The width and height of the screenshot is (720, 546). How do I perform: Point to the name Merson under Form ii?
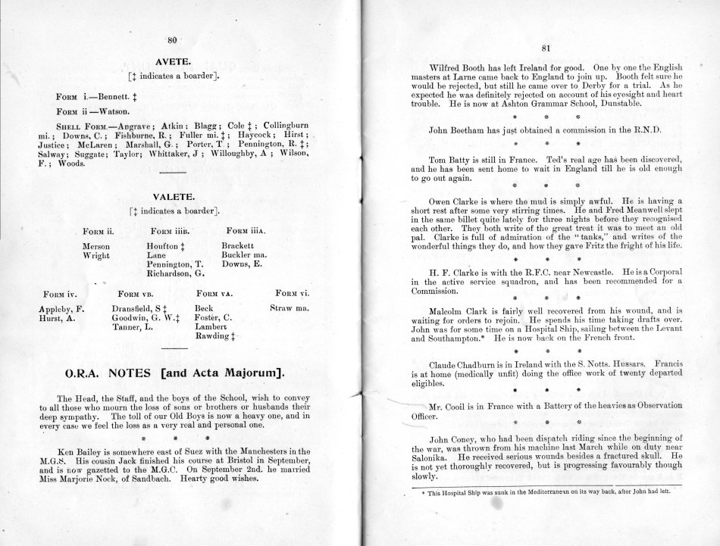click(x=96, y=246)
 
